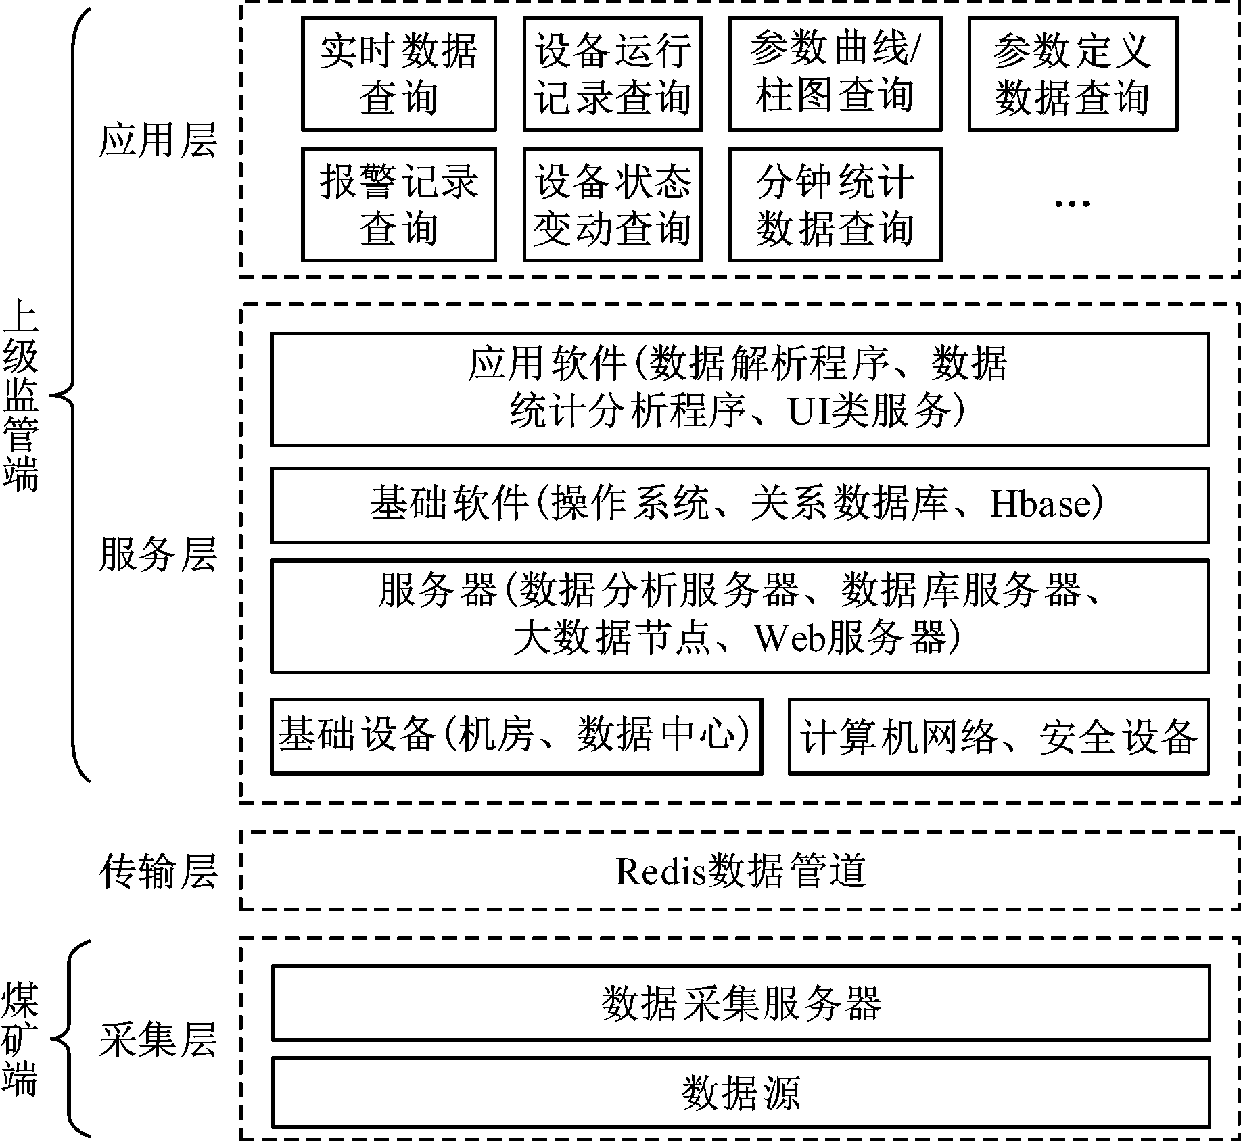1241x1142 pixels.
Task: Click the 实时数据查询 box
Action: [398, 74]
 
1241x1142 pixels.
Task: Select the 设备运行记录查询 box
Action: [613, 74]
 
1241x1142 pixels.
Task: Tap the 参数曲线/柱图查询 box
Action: [835, 74]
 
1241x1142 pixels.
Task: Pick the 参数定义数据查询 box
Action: [1073, 74]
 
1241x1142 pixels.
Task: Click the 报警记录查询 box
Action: [398, 204]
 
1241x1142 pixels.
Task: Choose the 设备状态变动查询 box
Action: [613, 204]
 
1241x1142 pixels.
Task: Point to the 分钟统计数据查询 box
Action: [835, 204]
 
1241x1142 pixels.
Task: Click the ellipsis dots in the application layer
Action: [1073, 203]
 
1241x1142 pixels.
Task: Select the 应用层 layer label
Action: [158, 141]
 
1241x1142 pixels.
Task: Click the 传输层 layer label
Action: [158, 871]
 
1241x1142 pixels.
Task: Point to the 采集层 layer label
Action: [158, 1039]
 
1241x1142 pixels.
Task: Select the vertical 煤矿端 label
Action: [20, 1039]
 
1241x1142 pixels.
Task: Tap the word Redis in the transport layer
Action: [660, 871]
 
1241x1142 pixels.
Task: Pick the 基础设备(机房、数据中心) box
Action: [516, 736]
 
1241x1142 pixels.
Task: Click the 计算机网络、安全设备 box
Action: [998, 736]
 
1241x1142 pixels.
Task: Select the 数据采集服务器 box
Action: [740, 1003]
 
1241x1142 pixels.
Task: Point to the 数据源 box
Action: [740, 1093]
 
